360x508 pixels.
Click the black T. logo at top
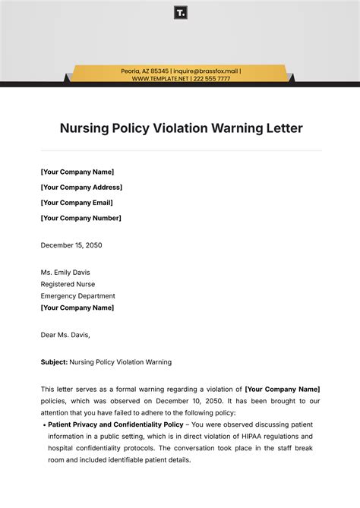click(x=180, y=13)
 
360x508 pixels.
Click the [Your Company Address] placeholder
click(x=81, y=187)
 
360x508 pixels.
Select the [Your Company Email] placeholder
click(x=77, y=203)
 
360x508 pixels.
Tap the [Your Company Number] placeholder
click(x=81, y=218)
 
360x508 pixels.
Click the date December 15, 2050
click(x=71, y=245)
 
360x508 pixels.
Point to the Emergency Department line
click(x=78, y=296)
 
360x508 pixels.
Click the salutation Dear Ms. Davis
click(x=65, y=333)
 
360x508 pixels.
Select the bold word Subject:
click(x=54, y=362)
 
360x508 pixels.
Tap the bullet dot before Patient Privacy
click(x=43, y=425)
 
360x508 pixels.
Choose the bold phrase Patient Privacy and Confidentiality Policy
click(x=115, y=424)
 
